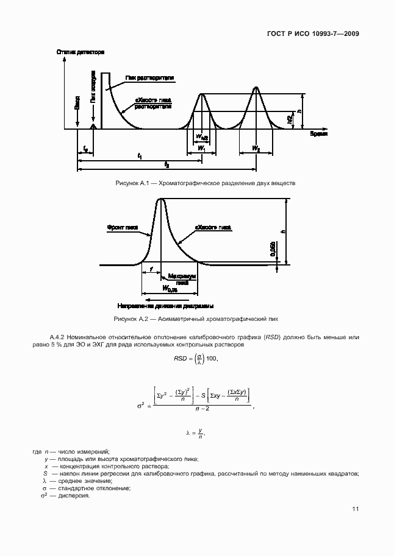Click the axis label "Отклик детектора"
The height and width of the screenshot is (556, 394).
(81, 52)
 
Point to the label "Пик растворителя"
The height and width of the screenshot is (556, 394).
(150, 79)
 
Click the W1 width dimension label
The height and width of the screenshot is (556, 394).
(202, 148)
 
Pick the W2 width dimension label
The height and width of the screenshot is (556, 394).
(257, 148)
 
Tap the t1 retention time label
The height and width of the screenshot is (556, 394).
(140, 157)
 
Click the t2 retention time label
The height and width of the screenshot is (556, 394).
(167, 164)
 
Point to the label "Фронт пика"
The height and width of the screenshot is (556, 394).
(123, 227)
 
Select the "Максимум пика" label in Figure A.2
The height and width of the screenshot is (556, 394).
(178, 278)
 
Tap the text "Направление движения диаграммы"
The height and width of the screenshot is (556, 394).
(165, 306)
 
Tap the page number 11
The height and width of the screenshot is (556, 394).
(355, 509)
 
